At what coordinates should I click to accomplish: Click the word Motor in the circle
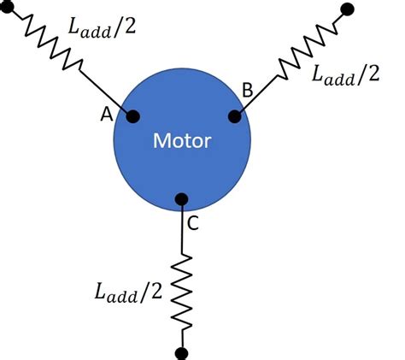181,139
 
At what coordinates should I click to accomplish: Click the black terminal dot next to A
133,116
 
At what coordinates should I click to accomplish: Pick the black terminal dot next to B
233,114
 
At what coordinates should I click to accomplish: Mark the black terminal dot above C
181,200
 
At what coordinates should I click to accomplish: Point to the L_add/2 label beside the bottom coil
127,292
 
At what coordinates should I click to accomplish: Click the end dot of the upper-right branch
346,9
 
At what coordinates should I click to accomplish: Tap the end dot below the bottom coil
181,351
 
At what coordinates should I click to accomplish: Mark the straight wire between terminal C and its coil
181,231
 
